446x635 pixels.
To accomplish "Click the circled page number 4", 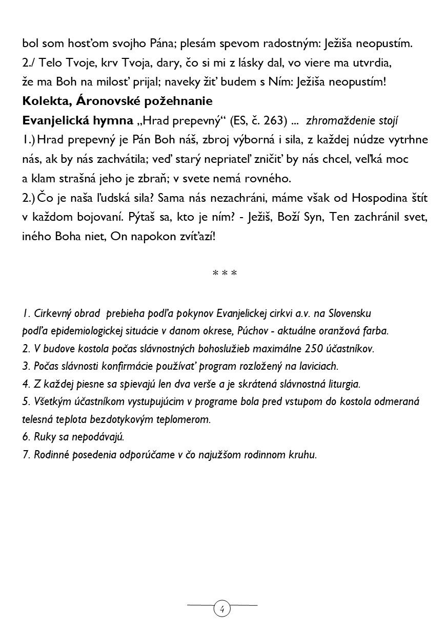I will coord(222,609).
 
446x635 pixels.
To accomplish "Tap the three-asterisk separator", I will coord(225,273).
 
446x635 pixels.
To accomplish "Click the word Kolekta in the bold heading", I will coord(43,101).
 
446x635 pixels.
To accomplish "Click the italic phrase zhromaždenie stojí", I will coord(352,121).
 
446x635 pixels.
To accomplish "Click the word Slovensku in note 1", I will coord(349,313).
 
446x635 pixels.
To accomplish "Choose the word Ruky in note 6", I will coord(44,437).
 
